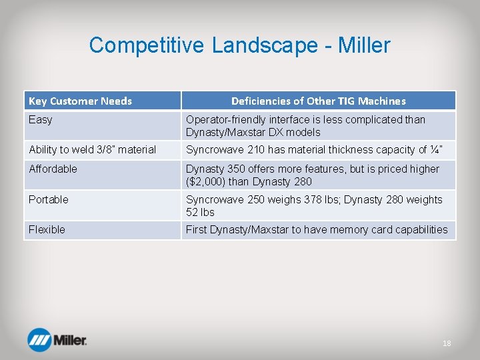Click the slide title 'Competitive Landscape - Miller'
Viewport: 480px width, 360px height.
(x=239, y=45)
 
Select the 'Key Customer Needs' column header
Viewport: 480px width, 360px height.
(x=80, y=101)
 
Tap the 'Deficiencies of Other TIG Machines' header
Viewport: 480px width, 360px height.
(x=318, y=101)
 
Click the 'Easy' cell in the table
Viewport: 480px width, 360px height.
(x=41, y=120)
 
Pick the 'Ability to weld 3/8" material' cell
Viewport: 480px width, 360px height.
(x=92, y=149)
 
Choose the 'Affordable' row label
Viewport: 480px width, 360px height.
(x=53, y=169)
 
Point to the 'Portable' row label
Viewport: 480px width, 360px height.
(x=48, y=199)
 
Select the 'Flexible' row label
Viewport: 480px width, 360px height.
(x=47, y=229)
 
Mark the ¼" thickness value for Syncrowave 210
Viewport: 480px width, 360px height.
(x=435, y=149)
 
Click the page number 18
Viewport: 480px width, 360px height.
(x=447, y=343)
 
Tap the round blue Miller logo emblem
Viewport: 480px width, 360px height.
(x=40, y=340)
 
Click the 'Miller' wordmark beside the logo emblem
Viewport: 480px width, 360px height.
(x=70, y=341)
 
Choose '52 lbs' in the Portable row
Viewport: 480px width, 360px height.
(x=200, y=212)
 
